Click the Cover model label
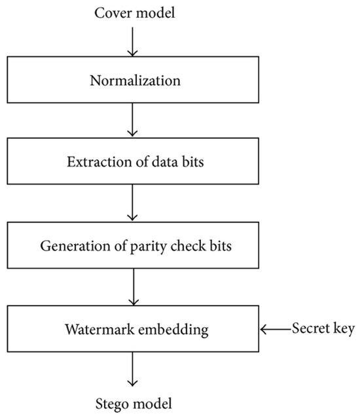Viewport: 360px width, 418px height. pyautogui.click(x=134, y=13)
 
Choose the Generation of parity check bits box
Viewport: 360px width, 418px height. pyautogui.click(x=134, y=247)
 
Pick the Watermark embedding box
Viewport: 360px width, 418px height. pyautogui.click(x=134, y=330)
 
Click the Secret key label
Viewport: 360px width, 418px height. pyautogui.click(x=323, y=329)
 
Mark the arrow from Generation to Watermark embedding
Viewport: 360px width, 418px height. pyautogui.click(x=134, y=288)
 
